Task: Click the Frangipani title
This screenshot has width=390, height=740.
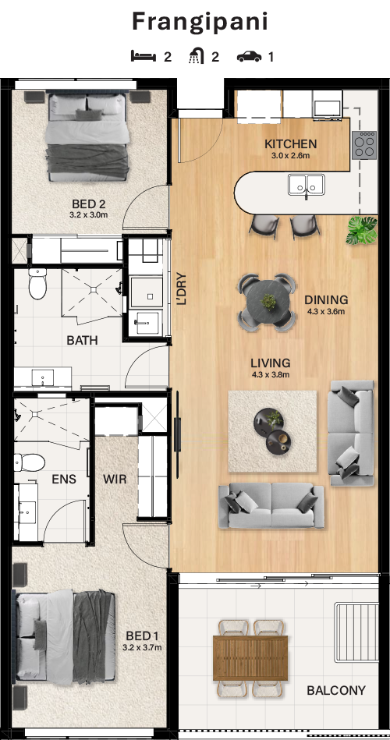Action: click(200, 23)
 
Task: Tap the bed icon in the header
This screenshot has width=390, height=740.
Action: click(144, 57)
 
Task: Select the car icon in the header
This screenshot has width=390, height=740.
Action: click(250, 57)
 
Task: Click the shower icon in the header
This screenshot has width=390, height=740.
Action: click(197, 57)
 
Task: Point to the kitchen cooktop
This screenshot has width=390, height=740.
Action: click(364, 144)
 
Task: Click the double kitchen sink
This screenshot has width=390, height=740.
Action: click(307, 185)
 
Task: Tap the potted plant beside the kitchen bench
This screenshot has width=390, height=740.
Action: click(362, 230)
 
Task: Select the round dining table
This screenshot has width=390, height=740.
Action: click(268, 302)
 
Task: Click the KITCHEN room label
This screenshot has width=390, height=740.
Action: click(290, 144)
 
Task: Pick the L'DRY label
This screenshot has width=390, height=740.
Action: click(182, 289)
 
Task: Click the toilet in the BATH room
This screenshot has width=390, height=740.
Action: click(37, 284)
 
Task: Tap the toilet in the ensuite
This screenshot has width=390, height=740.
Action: click(30, 462)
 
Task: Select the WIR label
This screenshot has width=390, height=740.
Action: click(115, 480)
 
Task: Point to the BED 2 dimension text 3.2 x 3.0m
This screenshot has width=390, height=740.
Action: click(89, 214)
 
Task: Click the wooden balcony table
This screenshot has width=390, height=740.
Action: click(250, 658)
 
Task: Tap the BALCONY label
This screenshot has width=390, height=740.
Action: click(336, 690)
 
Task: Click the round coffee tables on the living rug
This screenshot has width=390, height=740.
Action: click(272, 431)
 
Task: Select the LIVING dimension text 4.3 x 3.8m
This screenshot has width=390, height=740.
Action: click(270, 375)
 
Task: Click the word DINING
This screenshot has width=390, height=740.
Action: click(326, 299)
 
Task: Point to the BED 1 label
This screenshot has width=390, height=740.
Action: click(142, 636)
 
